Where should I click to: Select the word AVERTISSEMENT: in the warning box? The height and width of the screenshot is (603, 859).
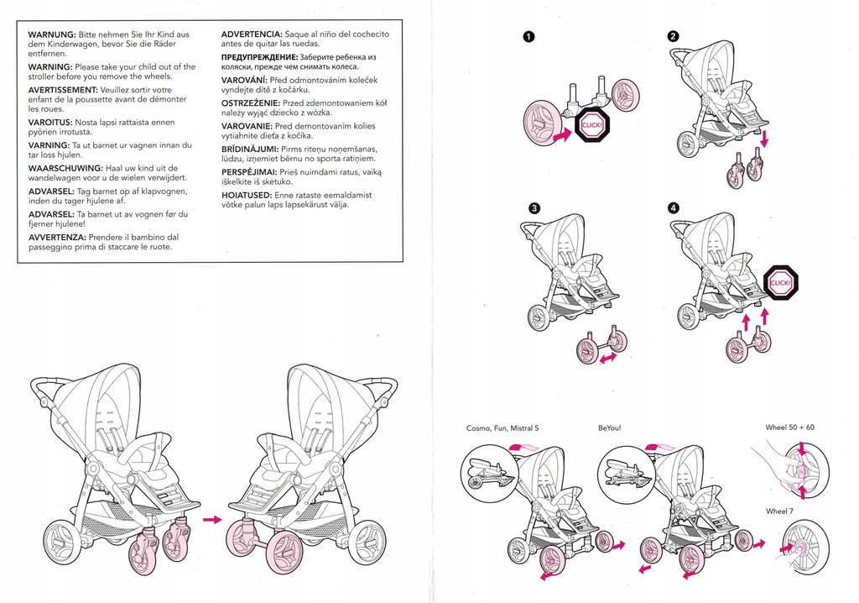tap(63, 90)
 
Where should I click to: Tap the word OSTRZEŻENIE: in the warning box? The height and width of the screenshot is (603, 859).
tap(250, 103)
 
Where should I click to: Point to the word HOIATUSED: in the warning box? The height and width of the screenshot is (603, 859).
tap(247, 196)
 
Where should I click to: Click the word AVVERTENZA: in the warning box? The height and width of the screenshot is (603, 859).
tap(57, 238)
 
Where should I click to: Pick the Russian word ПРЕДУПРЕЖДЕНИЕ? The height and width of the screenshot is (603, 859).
tap(260, 57)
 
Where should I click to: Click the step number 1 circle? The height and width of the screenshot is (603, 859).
tap(528, 37)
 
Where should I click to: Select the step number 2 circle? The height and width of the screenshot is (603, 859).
tap(674, 37)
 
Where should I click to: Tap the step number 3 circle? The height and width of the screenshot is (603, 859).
tap(534, 208)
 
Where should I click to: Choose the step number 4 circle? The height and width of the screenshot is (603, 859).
tap(674, 208)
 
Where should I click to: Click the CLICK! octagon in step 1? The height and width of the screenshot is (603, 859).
tap(591, 125)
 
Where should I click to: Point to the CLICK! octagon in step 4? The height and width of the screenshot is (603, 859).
tap(781, 283)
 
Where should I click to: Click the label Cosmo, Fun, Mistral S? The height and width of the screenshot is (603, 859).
tap(502, 428)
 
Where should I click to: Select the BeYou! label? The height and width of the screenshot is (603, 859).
tap(610, 428)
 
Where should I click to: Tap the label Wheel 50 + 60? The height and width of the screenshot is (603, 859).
tap(790, 427)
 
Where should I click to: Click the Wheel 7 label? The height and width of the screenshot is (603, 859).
tap(779, 511)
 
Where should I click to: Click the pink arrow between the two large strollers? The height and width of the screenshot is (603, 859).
tap(212, 519)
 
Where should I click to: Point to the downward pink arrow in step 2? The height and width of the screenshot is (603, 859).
tap(765, 138)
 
